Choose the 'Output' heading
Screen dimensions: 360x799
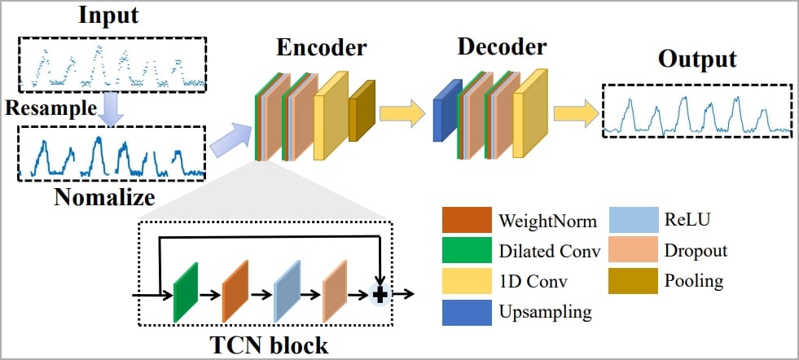coord(696,59)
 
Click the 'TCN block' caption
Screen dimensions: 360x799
coord(267,345)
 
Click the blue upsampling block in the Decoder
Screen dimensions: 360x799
coord(446,109)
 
